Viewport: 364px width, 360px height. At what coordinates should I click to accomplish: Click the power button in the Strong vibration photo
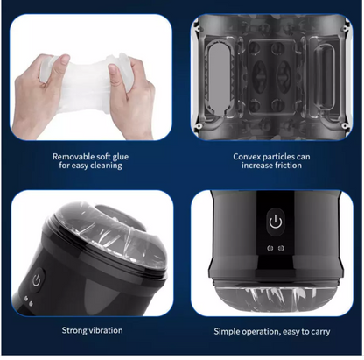coord(37,282)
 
